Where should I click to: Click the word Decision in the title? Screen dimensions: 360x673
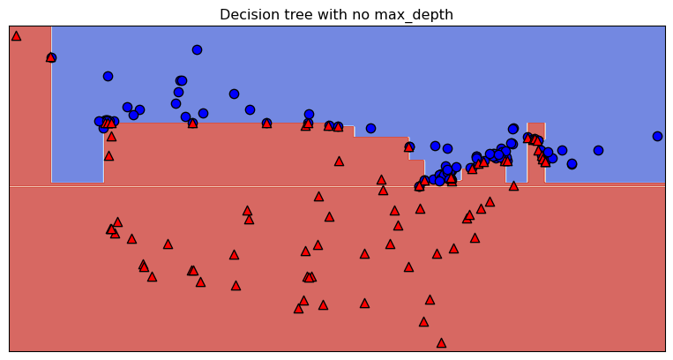[x=247, y=15]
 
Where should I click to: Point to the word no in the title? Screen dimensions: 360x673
[x=358, y=15]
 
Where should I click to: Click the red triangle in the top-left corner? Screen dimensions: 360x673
[x=16, y=36]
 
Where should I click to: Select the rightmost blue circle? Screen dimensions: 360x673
[x=657, y=136]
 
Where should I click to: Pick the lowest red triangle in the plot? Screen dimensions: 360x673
[x=441, y=342]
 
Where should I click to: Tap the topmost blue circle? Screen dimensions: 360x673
[x=197, y=49]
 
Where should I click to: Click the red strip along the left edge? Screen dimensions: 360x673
[x=29, y=106]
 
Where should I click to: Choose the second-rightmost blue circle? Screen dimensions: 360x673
[x=598, y=150]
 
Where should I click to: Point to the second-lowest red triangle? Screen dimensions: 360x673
[x=423, y=322]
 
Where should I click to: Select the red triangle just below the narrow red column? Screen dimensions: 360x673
[x=513, y=186]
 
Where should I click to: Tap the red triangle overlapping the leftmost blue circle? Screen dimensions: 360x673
[x=51, y=57]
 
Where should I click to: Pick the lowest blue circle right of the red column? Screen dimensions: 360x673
[x=572, y=163]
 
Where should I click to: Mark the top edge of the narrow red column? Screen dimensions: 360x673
[x=535, y=124]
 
